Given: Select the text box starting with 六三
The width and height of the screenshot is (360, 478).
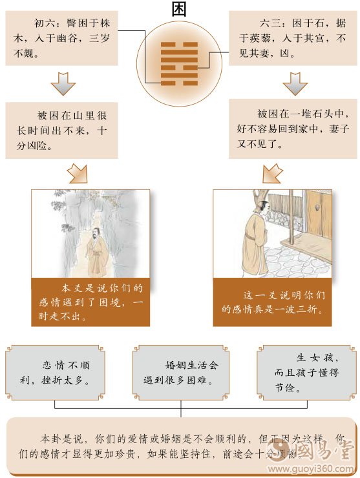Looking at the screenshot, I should point(292,38).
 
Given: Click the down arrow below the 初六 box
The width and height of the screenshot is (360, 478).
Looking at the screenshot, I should point(63,83).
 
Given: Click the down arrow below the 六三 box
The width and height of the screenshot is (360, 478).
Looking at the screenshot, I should point(295,83).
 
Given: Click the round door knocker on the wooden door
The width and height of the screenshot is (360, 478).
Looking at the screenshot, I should point(317,208).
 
